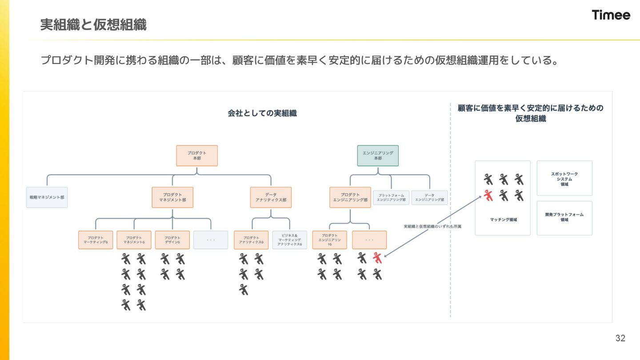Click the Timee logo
[611, 15]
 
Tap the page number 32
[620, 338]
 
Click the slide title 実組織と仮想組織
[93, 25]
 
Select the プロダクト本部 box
[197, 156]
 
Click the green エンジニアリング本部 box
[378, 156]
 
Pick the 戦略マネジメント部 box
[47, 197]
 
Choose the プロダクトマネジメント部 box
[172, 197]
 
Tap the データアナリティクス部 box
[271, 197]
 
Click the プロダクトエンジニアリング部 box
[350, 197]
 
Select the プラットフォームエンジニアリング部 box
[391, 198]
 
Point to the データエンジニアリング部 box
[429, 198]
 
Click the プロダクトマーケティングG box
[96, 240]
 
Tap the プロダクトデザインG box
[172, 240]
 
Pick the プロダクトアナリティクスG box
[251, 240]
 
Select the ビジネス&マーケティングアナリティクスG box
[289, 240]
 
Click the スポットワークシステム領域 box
[564, 178]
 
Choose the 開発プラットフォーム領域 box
[564, 218]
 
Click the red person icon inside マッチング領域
[489, 195]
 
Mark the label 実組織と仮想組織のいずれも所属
[432, 227]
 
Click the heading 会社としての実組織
[262, 113]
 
